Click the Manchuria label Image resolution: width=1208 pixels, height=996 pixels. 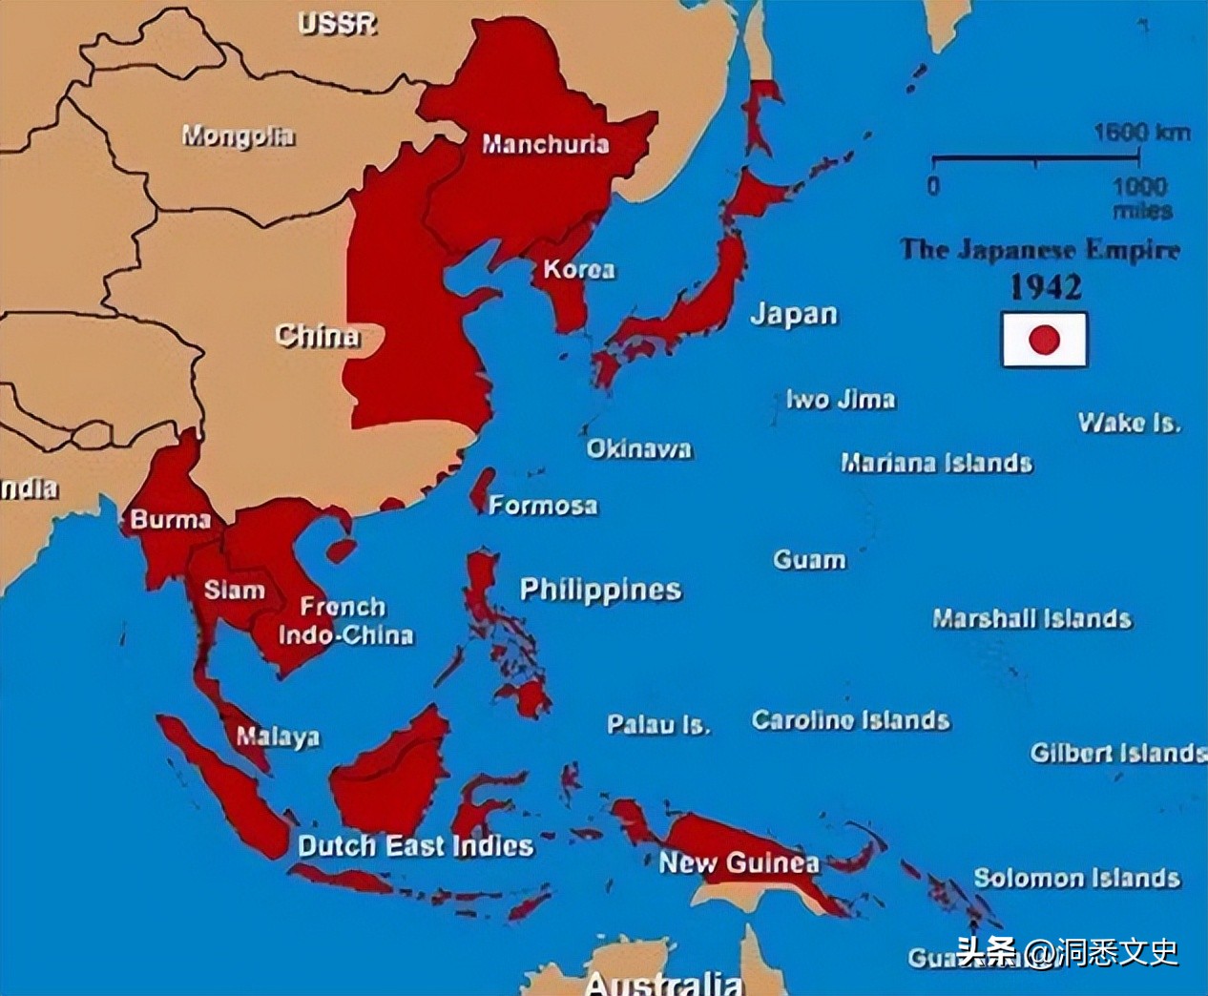[x=545, y=144]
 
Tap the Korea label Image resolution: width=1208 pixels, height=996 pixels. [x=579, y=269]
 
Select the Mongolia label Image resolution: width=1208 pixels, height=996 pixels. [x=238, y=136]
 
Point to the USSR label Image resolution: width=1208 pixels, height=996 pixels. [x=337, y=24]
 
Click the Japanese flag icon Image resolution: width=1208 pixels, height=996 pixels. [x=1044, y=339]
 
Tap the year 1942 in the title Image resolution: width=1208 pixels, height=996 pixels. [x=1046, y=287]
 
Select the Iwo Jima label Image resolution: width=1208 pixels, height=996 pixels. [x=841, y=399]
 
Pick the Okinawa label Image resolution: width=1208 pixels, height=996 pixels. [x=638, y=448]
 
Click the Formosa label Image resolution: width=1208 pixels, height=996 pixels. [x=543, y=505]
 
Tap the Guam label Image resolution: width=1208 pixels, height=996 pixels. [x=809, y=559]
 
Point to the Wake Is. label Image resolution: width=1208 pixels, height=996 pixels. [x=1129, y=423]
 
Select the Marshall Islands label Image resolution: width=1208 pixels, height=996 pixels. [x=1032, y=618]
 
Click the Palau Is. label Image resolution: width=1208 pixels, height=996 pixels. [x=658, y=725]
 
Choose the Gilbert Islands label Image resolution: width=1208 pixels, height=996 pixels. [x=1117, y=753]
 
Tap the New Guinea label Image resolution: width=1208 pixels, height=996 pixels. [x=739, y=863]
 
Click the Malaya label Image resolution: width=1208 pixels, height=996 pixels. [x=278, y=737]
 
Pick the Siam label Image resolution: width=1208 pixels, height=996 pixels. [x=234, y=591]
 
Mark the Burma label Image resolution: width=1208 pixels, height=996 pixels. [x=170, y=520]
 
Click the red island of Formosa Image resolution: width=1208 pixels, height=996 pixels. [x=482, y=490]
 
